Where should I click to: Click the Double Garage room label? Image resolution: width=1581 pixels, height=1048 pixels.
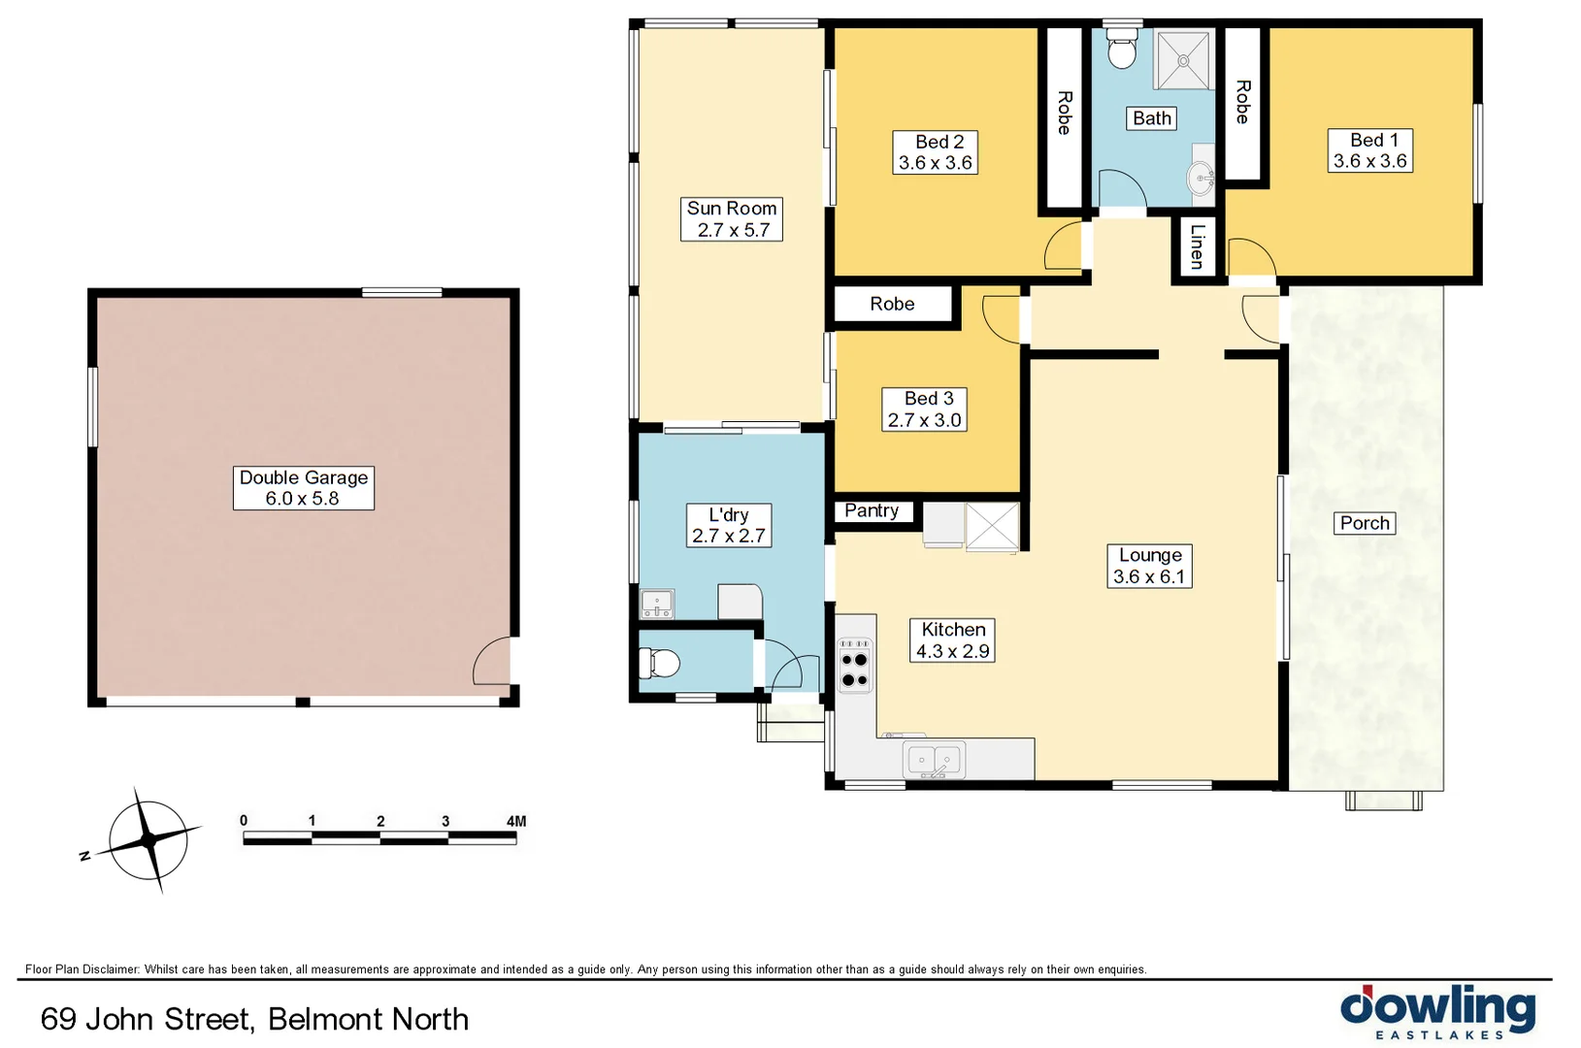point(303,488)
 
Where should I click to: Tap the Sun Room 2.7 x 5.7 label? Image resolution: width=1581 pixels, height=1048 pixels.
point(732,219)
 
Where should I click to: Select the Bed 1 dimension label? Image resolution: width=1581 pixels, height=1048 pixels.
point(1369,151)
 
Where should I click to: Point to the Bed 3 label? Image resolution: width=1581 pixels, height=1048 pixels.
point(924,409)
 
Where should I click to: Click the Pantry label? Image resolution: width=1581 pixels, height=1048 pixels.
point(872,510)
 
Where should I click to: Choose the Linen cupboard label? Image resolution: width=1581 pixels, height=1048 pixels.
point(1197,246)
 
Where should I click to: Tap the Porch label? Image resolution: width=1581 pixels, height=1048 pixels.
point(1365,523)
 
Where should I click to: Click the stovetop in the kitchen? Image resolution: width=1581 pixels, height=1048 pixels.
point(855,665)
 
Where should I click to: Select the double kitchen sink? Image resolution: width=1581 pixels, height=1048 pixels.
point(934,759)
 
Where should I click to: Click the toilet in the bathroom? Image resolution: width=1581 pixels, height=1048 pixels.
point(1122,49)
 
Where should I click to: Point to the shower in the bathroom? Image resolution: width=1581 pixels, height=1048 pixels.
point(1183,60)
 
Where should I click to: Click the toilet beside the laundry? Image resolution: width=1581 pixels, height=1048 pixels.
point(659,663)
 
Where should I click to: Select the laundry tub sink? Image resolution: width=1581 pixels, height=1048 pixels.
point(657,604)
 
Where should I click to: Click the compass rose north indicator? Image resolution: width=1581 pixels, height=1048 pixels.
point(84,855)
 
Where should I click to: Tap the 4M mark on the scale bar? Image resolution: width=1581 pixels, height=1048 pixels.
point(516,821)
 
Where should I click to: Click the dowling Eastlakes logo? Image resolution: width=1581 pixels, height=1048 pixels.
point(1437,1012)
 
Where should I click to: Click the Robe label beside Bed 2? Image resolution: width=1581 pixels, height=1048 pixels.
point(1064,113)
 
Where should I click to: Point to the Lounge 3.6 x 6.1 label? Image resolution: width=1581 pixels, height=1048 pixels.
point(1149,566)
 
